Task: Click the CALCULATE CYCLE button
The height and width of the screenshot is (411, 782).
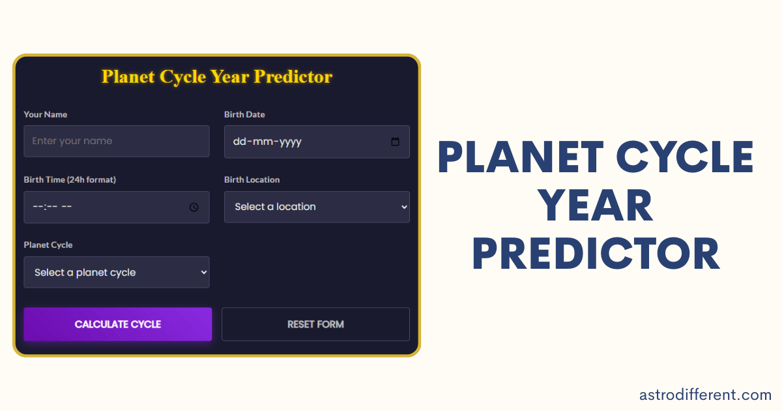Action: coord(117,324)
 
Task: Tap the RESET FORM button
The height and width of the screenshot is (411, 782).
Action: coord(315,324)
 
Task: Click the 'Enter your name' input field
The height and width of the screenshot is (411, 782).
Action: coord(116,141)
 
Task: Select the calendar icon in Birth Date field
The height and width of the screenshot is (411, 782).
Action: coord(395,142)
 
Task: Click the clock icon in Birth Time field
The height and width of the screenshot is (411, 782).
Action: coord(194,207)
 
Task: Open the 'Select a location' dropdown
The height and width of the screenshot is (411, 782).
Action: coord(317,207)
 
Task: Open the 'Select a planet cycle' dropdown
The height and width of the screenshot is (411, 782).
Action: coord(116,272)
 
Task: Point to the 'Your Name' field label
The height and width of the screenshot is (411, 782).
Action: coord(46,114)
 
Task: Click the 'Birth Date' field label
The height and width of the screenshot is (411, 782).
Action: coord(244,114)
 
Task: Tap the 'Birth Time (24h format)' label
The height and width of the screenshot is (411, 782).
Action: coord(70,179)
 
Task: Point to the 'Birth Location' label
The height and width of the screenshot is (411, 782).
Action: coord(252,179)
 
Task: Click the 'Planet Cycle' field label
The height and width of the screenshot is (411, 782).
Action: coord(48,245)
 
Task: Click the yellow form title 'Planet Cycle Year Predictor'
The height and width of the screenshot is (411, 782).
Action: coord(217,77)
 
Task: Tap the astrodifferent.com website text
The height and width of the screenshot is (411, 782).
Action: coord(705,395)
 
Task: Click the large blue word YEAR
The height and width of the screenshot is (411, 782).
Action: coord(596,205)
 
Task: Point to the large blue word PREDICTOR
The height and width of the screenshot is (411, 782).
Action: coord(596,254)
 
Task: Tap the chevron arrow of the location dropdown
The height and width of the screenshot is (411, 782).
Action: coord(404,207)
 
